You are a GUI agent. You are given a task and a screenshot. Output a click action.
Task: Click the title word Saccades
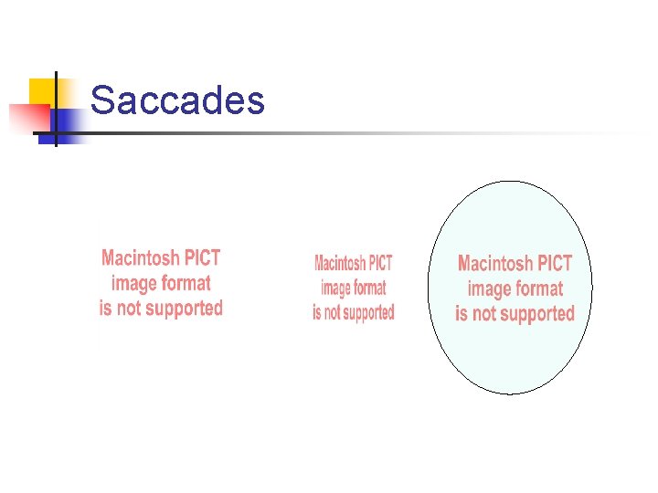coord(177,100)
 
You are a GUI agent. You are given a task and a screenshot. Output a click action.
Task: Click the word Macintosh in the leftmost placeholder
coord(140,258)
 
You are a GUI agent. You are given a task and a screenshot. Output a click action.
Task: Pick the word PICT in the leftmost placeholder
coord(202,258)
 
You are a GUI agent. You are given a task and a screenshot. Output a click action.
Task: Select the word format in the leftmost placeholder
coord(186,283)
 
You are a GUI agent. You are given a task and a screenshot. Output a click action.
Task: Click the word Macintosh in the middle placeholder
coord(340,264)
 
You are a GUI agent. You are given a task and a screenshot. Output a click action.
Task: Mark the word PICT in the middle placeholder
coord(380,264)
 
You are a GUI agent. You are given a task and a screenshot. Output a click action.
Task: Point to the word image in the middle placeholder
coord(335,288)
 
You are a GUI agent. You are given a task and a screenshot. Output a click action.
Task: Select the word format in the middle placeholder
coord(369,288)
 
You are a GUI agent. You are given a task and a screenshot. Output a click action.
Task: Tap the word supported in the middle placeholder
coord(366,313)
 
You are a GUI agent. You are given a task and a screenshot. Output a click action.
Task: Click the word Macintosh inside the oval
coord(496,265)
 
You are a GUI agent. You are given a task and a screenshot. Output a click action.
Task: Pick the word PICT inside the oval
coord(556,265)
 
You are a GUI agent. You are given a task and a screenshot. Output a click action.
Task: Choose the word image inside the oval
coord(489,289)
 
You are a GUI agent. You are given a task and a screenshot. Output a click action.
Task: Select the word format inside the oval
coord(539,289)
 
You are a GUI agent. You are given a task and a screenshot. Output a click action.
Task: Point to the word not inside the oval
coord(483,315)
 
